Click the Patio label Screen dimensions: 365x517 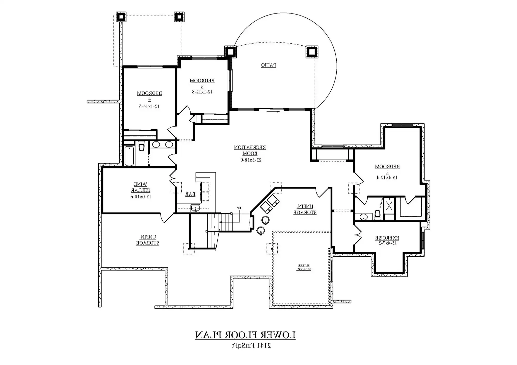(268, 65)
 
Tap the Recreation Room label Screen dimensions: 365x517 (250, 150)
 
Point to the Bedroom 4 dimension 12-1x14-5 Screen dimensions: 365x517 (149, 106)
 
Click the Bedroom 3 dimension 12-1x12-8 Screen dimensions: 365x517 (202, 92)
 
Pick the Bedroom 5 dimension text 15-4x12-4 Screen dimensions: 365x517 (387, 178)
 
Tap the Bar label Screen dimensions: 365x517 (190, 194)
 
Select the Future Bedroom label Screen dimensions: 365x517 (304, 267)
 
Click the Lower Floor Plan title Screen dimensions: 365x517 (245, 335)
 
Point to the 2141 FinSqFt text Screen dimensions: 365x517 (251, 345)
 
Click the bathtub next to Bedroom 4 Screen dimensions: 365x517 (129, 156)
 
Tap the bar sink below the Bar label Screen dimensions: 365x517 (195, 208)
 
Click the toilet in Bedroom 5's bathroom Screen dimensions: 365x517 (377, 215)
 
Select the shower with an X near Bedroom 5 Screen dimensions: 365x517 (389, 206)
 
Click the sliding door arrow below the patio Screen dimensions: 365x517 (273, 112)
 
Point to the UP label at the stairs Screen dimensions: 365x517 (239, 208)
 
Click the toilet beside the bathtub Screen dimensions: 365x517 (141, 146)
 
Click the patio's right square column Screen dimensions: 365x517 (312, 52)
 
